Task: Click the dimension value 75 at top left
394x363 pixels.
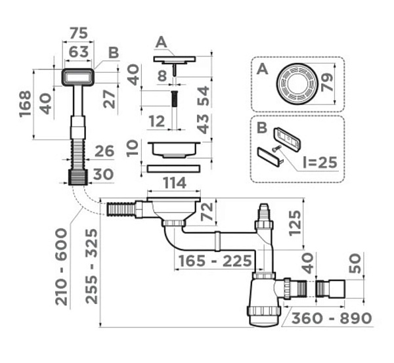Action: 79,33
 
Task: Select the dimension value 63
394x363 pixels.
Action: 79,52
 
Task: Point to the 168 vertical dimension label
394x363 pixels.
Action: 26,104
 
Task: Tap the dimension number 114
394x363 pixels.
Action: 175,182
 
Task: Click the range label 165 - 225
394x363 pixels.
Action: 215,261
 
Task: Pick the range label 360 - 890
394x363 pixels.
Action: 332,318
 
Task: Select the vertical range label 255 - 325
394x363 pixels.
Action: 91,266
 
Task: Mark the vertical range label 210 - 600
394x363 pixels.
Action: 62,267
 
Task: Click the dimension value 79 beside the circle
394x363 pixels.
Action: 327,83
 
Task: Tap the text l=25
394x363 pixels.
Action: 320,162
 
